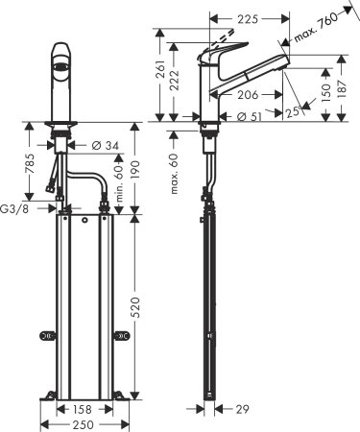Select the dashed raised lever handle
click(229, 39)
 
